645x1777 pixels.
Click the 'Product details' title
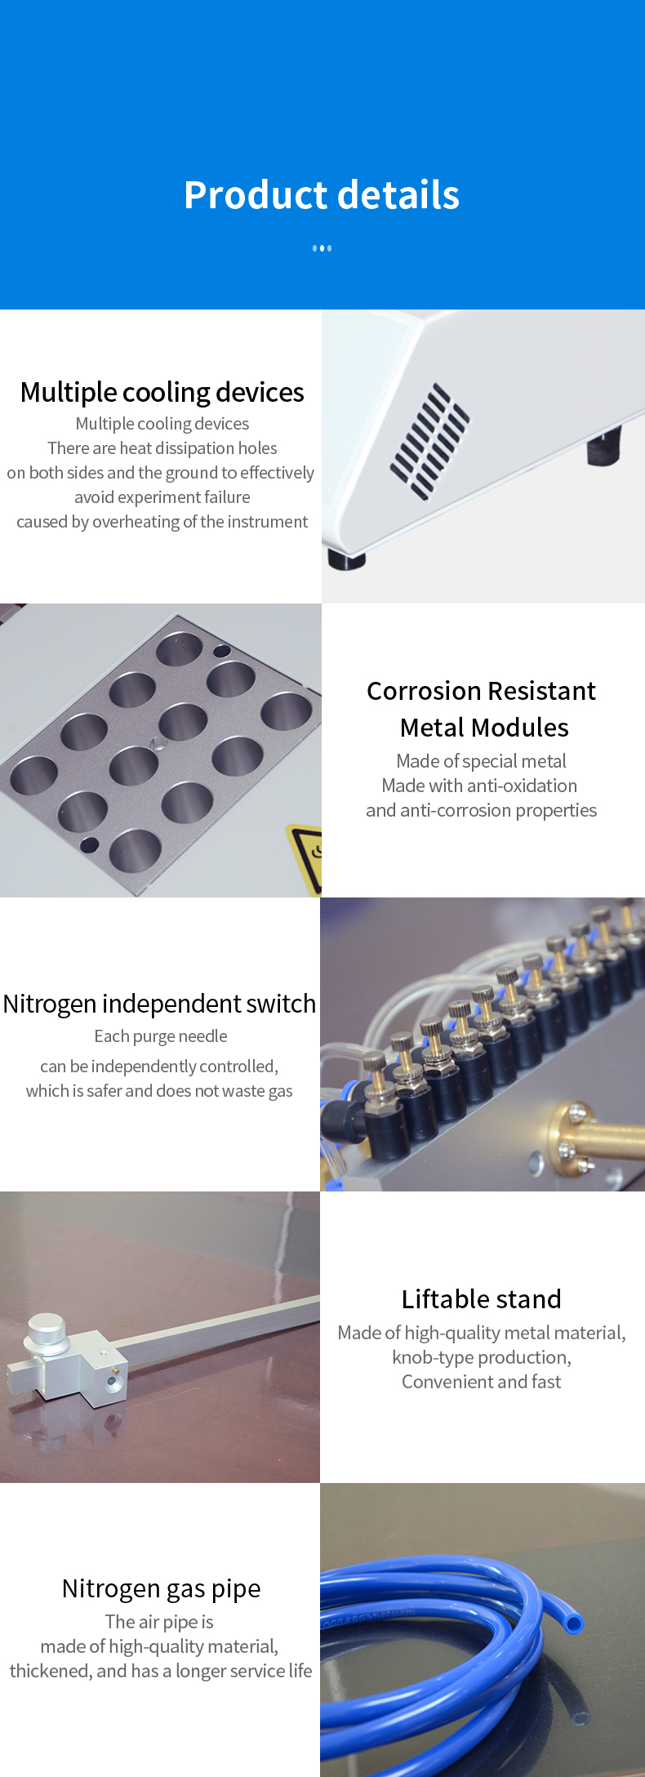click(322, 195)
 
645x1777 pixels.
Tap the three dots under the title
click(322, 248)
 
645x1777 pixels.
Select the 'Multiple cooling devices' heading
click(162, 393)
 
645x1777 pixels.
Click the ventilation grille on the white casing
click(429, 441)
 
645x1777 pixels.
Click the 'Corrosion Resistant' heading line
click(481, 692)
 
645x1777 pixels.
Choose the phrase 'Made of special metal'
click(481, 761)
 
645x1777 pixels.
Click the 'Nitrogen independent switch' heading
click(159, 1004)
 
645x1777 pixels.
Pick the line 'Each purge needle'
click(160, 1036)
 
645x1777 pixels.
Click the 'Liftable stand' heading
click(481, 1299)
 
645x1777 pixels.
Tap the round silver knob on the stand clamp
click(46, 1330)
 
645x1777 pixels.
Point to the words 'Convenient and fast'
click(481, 1382)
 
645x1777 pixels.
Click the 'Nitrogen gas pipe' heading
click(161, 1589)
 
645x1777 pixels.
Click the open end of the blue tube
click(574, 1623)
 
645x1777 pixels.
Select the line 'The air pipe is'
click(159, 1622)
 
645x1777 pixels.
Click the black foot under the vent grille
click(345, 560)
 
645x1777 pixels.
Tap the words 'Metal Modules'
click(484, 728)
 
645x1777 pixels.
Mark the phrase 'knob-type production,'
click(481, 1357)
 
